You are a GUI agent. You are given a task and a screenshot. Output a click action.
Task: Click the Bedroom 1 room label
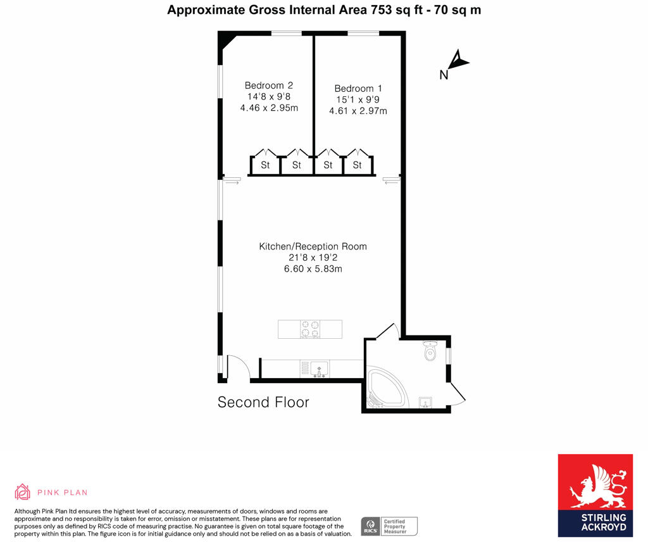358,89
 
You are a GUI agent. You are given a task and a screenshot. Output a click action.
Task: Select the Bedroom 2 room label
268,85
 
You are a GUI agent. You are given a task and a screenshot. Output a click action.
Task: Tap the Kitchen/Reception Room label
313,246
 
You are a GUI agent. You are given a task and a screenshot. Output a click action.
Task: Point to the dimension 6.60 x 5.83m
313,269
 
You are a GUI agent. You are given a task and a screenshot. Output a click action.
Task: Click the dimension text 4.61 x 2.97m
358,111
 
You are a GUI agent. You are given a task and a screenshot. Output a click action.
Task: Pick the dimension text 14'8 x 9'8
268,97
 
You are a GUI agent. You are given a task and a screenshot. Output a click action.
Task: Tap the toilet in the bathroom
430,351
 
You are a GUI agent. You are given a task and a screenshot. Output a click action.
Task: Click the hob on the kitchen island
310,329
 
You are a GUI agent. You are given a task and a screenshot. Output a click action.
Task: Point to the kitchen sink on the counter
318,368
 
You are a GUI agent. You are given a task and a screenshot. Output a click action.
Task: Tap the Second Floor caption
263,402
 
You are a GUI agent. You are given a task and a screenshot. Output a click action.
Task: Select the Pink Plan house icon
23,492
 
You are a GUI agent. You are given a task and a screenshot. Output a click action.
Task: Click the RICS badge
370,526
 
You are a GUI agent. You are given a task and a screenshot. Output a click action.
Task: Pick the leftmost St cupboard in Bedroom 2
265,165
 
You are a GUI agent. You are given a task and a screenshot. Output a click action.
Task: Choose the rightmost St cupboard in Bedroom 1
357,165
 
